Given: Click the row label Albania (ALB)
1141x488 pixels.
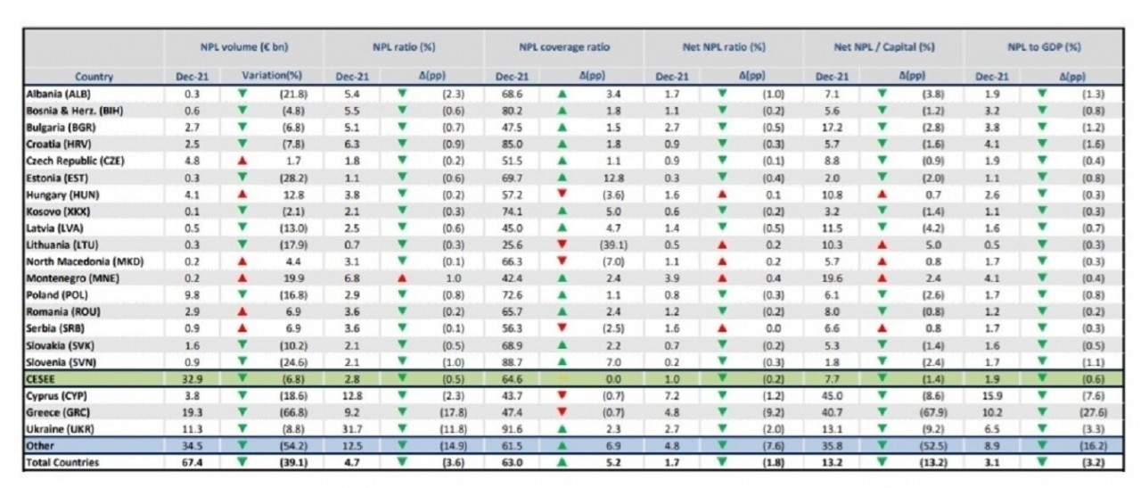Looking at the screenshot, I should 59,93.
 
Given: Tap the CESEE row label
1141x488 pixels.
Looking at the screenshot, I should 45,379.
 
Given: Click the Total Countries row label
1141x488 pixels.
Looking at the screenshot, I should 63,462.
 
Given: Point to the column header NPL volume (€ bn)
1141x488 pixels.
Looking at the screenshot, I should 243,45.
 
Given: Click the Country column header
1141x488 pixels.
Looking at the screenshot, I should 93,77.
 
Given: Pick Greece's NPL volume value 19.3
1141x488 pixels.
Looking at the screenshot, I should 193,412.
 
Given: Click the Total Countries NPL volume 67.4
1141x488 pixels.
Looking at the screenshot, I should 193,462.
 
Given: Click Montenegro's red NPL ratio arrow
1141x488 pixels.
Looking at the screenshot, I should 401,277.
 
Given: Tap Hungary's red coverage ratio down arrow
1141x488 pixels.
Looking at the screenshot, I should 562,194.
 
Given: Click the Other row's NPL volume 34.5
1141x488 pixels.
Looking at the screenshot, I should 193,445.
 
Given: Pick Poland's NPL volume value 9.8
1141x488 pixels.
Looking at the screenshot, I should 193,294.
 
